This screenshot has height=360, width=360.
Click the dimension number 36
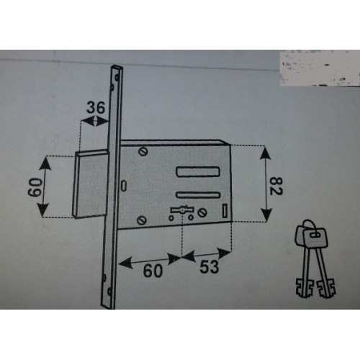pos(96,107)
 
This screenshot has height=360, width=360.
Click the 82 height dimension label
pos(276,186)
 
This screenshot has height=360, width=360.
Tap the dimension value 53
pos(210,266)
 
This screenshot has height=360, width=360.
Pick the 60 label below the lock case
pos(153,271)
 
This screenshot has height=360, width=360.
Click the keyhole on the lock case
pos(182,210)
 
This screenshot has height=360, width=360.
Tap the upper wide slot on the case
pos(198,171)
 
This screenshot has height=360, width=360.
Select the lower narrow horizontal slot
pos(198,194)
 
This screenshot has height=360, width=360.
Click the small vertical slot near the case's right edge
pos(225,211)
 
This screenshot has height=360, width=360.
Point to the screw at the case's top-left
pos(143,152)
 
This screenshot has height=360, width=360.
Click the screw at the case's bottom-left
pos(142,220)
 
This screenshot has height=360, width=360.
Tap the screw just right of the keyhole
pos(202,212)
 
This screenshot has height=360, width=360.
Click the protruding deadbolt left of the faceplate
pos(91,184)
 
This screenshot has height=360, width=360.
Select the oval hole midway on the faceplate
pos(123,186)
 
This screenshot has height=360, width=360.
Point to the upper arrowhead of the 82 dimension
pos(265,153)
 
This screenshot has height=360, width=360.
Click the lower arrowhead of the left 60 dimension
pos(43,209)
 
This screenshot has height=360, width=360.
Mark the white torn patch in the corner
pos(320,68)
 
